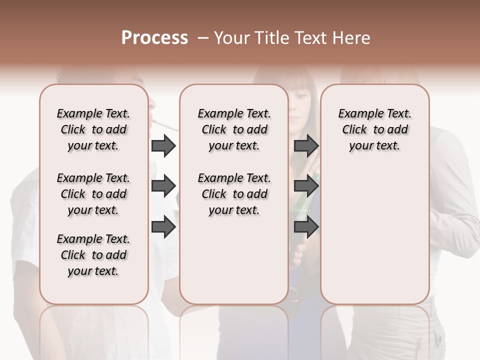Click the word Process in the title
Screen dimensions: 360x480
click(x=154, y=38)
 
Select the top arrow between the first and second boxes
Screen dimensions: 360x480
click(x=163, y=146)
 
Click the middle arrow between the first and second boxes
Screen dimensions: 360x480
click(x=163, y=186)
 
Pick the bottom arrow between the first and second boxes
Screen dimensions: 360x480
click(x=163, y=227)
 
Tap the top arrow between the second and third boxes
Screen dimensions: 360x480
click(x=306, y=146)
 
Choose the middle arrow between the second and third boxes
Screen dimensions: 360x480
click(x=306, y=186)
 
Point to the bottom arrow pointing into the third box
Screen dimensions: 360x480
click(x=306, y=227)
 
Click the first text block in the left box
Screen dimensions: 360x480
click(x=93, y=129)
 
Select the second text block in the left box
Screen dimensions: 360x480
click(x=93, y=194)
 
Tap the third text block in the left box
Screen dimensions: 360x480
click(x=93, y=255)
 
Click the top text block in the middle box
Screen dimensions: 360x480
click(x=234, y=129)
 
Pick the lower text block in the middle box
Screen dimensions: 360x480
click(x=234, y=194)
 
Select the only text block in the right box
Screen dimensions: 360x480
click(x=374, y=129)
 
